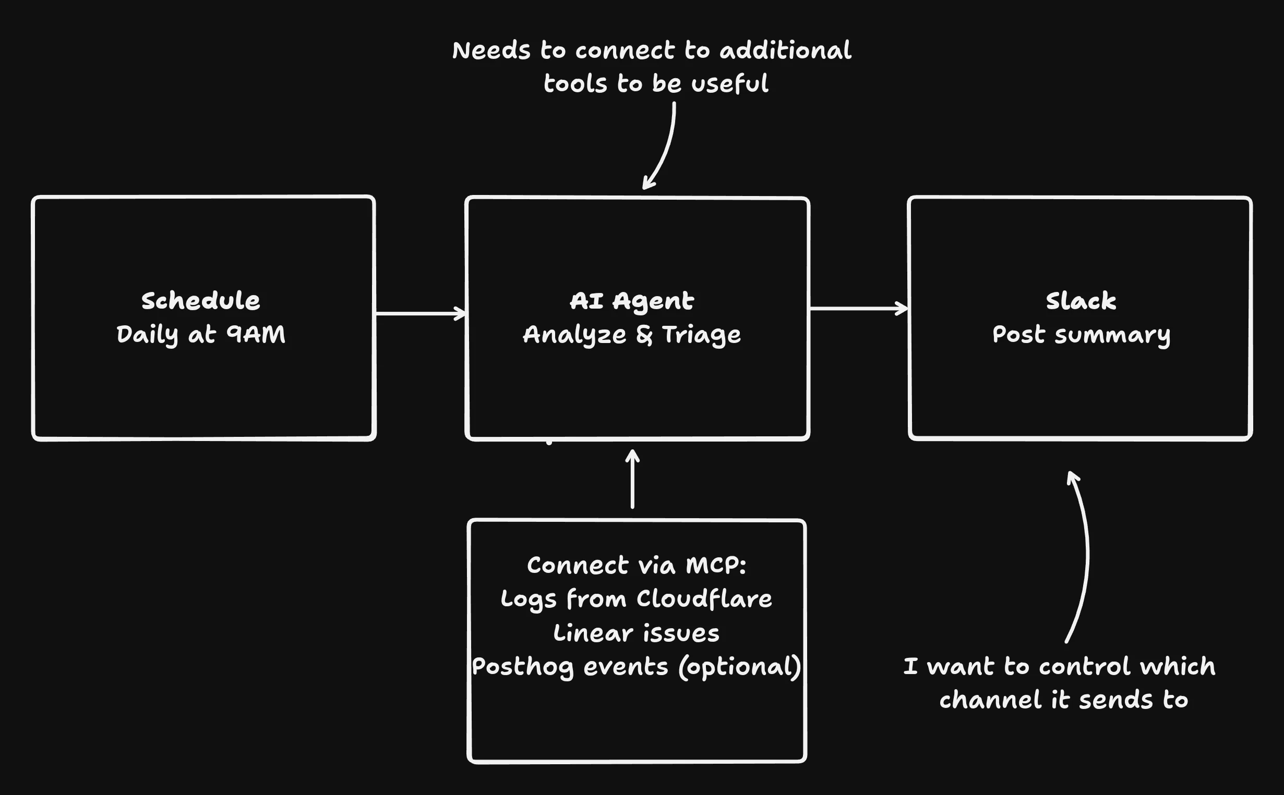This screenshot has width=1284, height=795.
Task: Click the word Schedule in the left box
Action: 200,301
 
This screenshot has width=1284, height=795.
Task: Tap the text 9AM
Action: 256,334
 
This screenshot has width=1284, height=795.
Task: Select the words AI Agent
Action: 631,301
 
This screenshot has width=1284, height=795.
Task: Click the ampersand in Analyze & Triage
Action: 644,335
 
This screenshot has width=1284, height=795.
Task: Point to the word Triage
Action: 701,335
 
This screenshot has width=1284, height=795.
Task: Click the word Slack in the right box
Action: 1081,301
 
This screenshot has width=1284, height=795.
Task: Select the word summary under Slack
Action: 1112,335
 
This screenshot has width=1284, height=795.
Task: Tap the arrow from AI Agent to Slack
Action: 858,309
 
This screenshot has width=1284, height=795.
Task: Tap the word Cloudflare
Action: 704,599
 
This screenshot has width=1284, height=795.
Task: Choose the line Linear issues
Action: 636,633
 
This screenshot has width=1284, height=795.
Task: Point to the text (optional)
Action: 740,667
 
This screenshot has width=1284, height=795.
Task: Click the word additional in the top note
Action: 785,51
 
